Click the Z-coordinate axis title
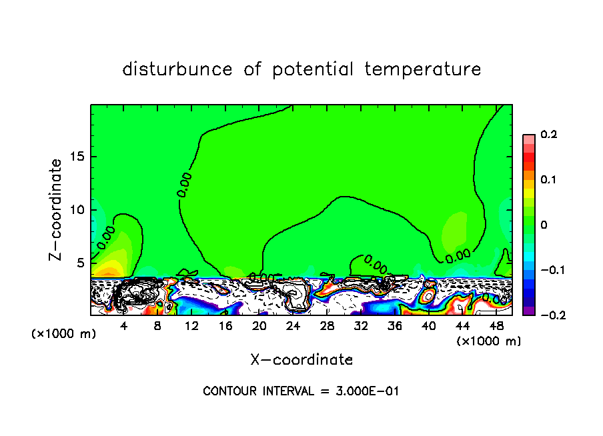pos(57,209)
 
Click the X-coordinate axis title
pos(301,360)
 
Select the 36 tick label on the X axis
pos(394,326)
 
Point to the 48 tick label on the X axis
pos(496,326)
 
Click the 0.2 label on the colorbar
pos(548,135)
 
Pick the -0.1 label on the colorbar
pos(550,270)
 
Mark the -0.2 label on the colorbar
pos(550,315)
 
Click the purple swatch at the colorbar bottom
pos(529,311)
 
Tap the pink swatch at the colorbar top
pos(529,139)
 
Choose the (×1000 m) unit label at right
pos(489,341)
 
